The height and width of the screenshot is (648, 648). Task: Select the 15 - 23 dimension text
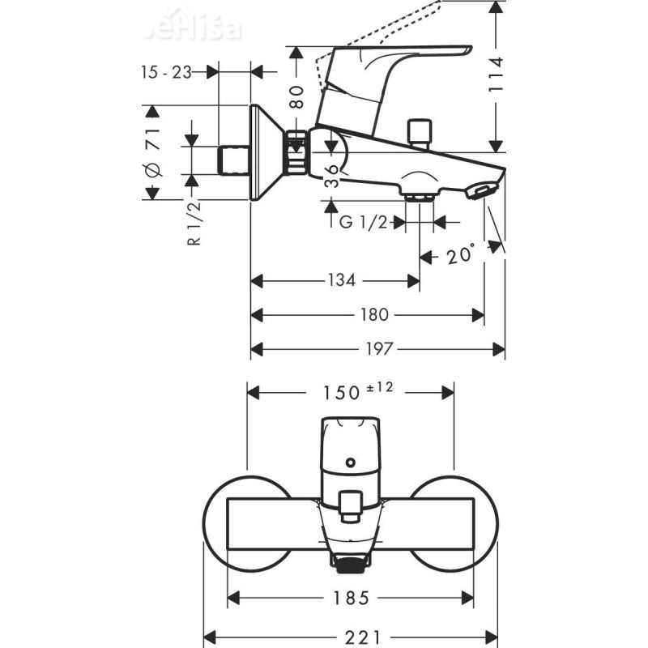point(164,72)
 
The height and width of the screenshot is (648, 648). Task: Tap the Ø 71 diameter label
point(152,152)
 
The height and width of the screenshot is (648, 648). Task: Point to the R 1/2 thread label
point(194,225)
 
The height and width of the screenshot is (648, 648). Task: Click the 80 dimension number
point(297,97)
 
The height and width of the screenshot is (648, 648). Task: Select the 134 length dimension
point(342,281)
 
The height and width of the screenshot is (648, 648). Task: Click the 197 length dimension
point(378,349)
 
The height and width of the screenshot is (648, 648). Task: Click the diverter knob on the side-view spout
point(420,131)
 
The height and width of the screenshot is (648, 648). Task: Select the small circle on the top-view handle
point(349,463)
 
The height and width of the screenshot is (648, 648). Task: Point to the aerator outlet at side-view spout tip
point(480,191)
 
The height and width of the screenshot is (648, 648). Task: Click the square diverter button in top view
point(349,504)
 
